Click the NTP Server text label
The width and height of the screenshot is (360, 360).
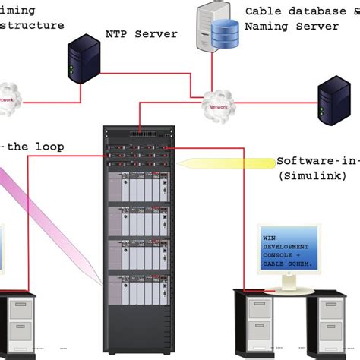point(141,34)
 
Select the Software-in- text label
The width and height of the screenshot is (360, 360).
point(317,161)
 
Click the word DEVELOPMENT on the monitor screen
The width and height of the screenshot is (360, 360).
point(286,248)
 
